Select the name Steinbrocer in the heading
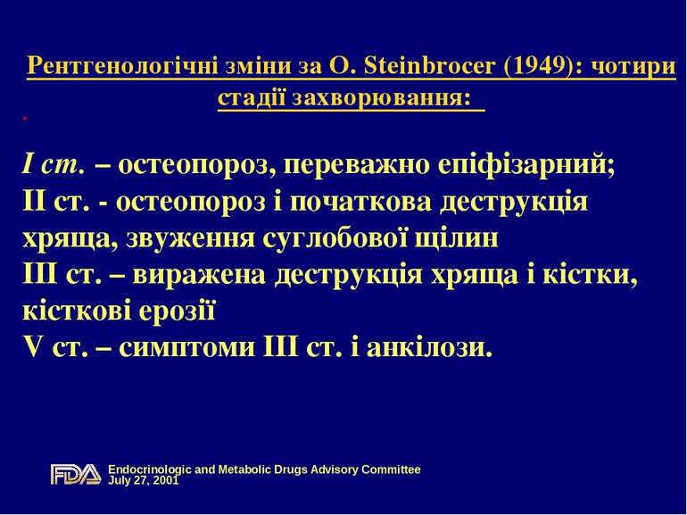pos(417,67)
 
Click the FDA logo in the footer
pos(76,474)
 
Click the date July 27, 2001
pos(144,480)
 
